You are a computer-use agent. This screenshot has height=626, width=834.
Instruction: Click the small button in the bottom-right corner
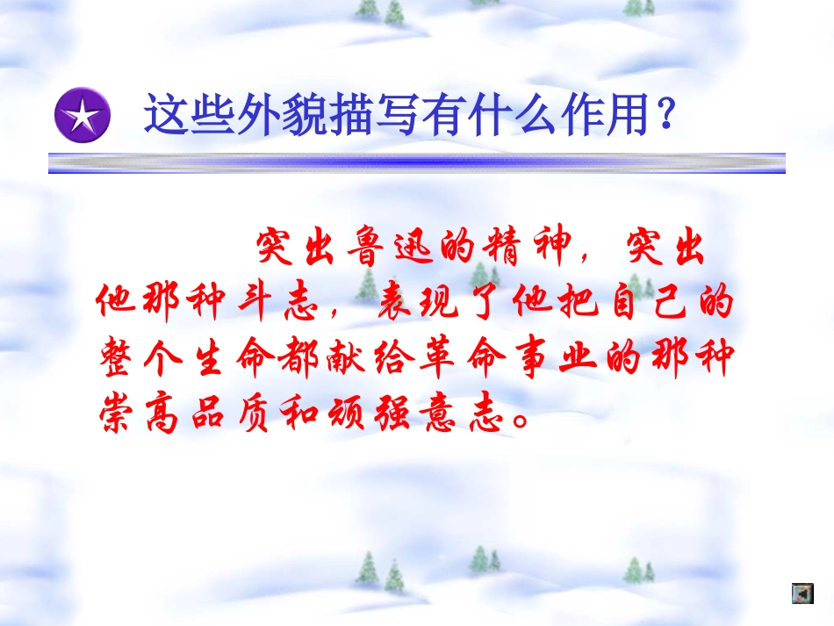pyautogui.click(x=801, y=593)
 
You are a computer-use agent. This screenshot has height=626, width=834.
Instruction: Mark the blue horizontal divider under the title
pyautogui.click(x=416, y=162)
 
